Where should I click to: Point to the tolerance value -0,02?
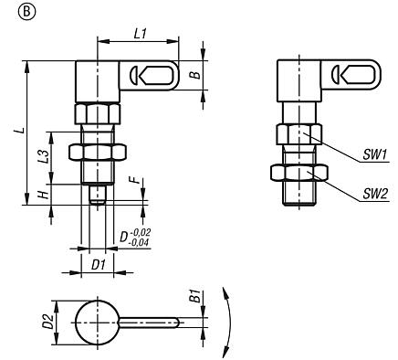(141, 233)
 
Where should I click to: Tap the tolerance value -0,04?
(141, 242)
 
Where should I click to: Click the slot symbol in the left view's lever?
(141, 73)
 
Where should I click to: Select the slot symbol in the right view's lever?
(347, 73)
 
